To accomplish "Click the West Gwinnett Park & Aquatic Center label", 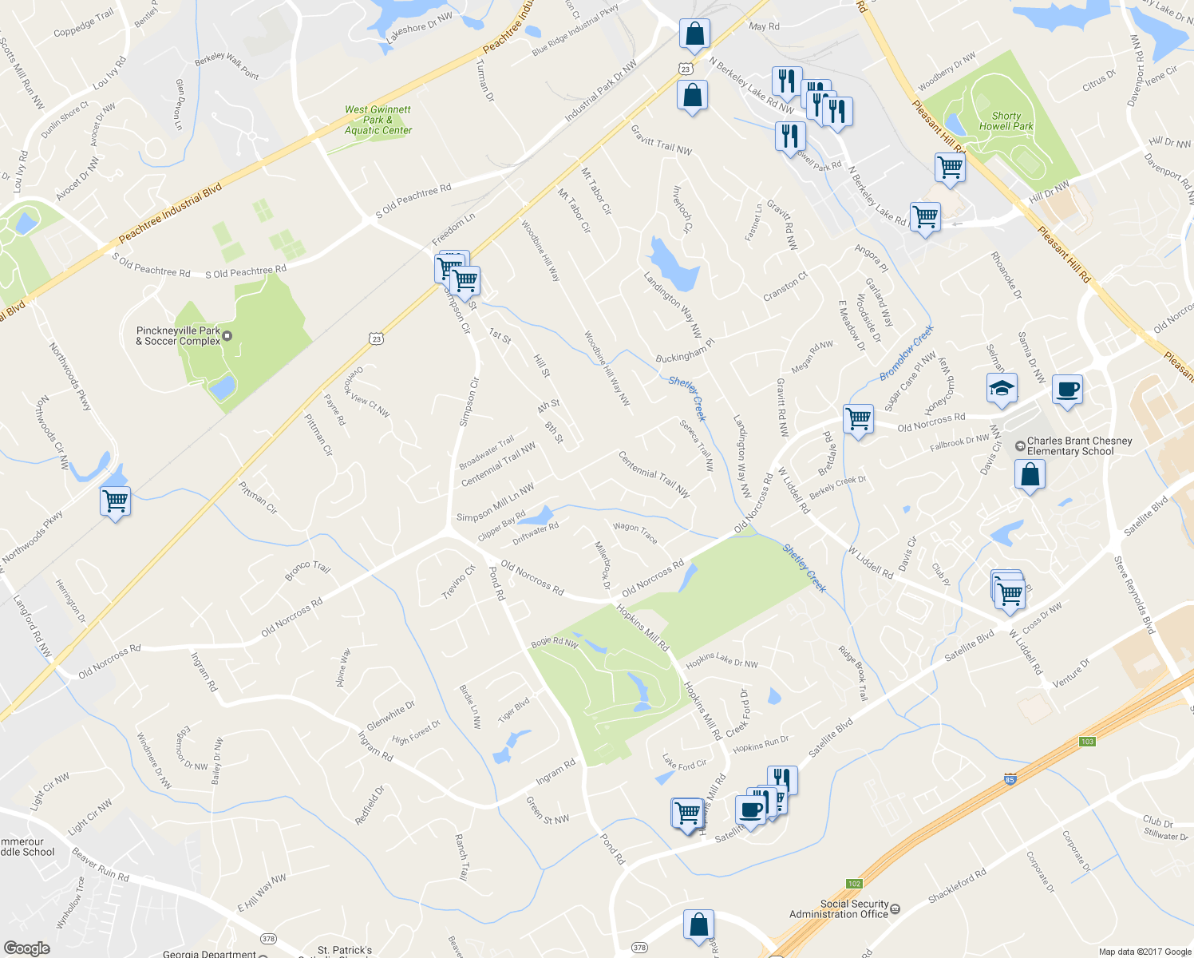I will (378, 120).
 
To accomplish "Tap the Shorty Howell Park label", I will (1006, 121).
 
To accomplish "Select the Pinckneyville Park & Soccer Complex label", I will (178, 336).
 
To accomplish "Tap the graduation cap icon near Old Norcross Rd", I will (1002, 389).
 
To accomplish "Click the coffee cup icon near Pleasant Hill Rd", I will (1067, 390).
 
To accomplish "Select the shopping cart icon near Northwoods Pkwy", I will (116, 501).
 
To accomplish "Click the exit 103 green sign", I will (1087, 742).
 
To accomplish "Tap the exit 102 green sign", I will (855, 884).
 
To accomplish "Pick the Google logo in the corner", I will (26, 948).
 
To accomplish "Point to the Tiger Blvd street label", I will (514, 710).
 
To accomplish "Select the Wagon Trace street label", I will (635, 532).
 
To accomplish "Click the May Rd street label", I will (764, 26).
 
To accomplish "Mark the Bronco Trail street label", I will (307, 571).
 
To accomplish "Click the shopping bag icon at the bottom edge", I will (698, 924).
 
